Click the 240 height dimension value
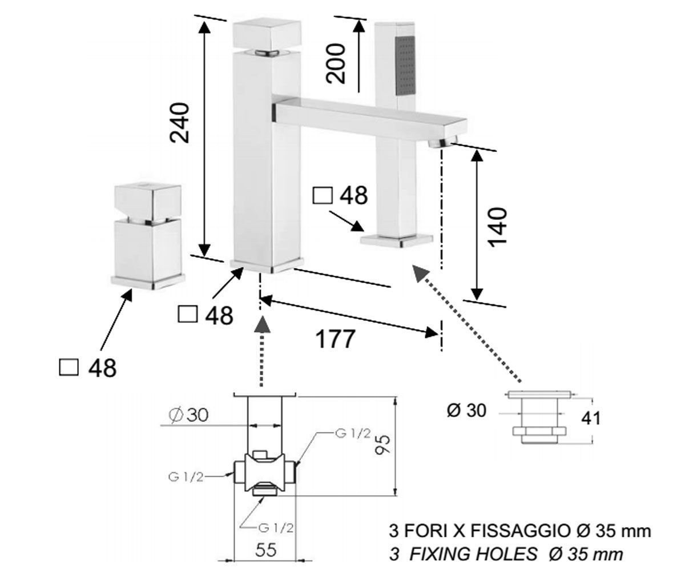(179, 123)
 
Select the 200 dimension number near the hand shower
(336, 63)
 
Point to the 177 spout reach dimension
(335, 339)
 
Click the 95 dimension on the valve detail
(382, 444)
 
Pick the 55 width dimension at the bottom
(266, 550)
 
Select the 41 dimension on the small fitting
(590, 418)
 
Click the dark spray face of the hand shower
(405, 66)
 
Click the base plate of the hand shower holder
(396, 240)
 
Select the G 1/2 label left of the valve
(186, 477)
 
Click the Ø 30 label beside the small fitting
(466, 410)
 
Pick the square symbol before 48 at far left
(69, 367)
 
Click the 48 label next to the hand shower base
(353, 195)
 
